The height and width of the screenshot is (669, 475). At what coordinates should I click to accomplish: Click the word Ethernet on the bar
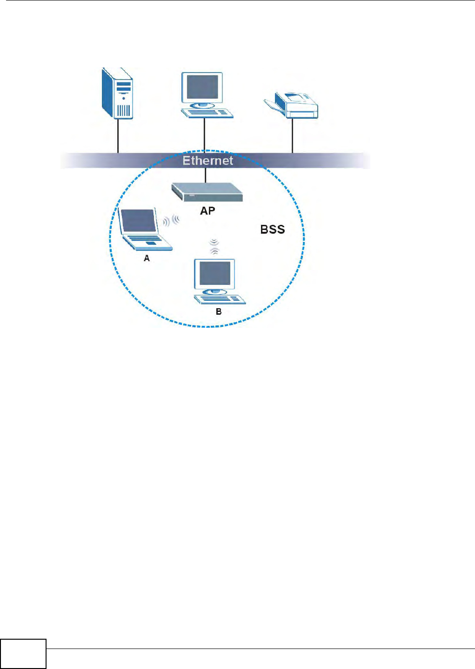207,161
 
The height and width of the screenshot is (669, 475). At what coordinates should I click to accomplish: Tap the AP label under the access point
207,211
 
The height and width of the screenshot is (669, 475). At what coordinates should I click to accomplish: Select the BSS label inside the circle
272,229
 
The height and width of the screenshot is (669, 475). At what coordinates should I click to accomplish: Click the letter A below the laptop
147,258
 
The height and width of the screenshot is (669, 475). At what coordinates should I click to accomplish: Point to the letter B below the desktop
219,311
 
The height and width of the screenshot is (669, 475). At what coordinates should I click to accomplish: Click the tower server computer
118,94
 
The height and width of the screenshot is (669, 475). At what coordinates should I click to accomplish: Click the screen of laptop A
138,221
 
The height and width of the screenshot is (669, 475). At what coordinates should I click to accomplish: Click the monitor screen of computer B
214,273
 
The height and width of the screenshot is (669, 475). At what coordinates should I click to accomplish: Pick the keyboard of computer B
220,299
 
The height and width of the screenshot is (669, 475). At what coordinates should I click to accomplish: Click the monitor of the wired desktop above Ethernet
202,87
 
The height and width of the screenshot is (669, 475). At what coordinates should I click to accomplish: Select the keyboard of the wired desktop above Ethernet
207,113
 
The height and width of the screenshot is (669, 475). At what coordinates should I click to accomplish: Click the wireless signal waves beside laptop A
171,220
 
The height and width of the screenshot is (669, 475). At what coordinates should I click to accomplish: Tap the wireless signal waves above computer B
214,247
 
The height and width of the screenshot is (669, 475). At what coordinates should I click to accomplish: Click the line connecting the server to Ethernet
118,136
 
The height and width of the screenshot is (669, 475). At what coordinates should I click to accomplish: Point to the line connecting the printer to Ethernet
292,136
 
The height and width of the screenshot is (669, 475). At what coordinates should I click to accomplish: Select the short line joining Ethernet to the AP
205,175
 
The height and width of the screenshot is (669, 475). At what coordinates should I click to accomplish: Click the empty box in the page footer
23,654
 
